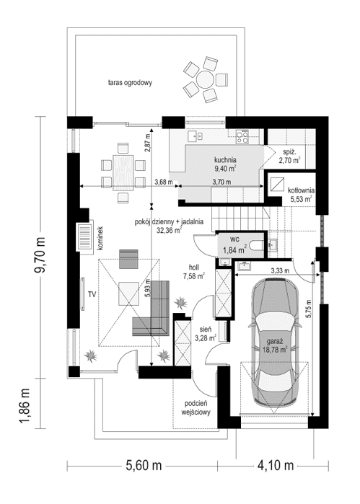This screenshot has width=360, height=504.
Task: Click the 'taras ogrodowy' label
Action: point(130,83)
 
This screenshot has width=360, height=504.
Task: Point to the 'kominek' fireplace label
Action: point(101,239)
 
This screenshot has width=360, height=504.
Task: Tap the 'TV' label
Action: point(92,294)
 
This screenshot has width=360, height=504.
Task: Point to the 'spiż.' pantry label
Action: point(291,152)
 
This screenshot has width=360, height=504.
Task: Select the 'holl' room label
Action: point(193,266)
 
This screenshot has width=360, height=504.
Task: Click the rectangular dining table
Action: point(122,171)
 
